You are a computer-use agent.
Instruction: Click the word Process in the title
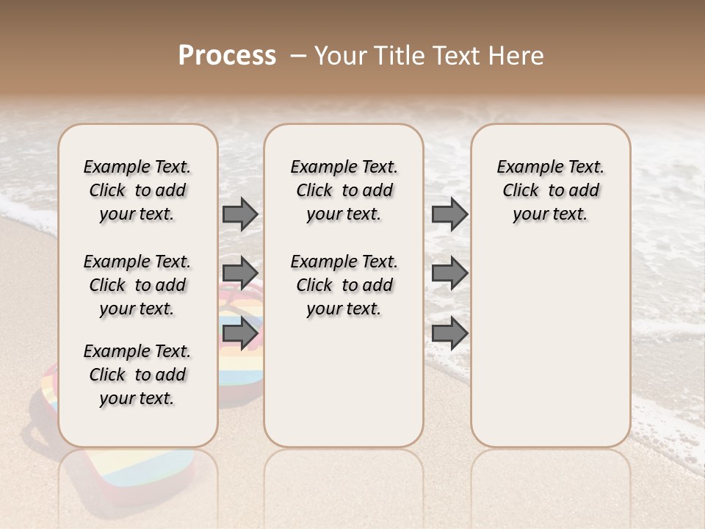tap(227, 56)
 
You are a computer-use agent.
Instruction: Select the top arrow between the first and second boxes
tap(240, 214)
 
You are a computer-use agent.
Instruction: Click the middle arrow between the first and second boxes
tap(240, 273)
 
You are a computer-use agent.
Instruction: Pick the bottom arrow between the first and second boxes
tap(240, 334)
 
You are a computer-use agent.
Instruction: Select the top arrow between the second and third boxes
tap(449, 214)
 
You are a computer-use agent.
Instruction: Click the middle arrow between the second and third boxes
tap(449, 273)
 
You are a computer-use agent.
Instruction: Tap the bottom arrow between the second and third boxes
tap(449, 334)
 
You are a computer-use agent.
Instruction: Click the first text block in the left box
tap(137, 190)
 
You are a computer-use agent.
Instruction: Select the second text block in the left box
tap(137, 285)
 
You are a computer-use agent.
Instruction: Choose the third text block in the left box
tap(137, 375)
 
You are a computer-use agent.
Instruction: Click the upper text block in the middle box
tap(344, 190)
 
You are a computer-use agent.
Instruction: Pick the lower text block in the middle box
tap(344, 285)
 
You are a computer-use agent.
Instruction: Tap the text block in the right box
tap(550, 190)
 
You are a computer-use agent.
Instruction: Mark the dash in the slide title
tap(297, 56)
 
